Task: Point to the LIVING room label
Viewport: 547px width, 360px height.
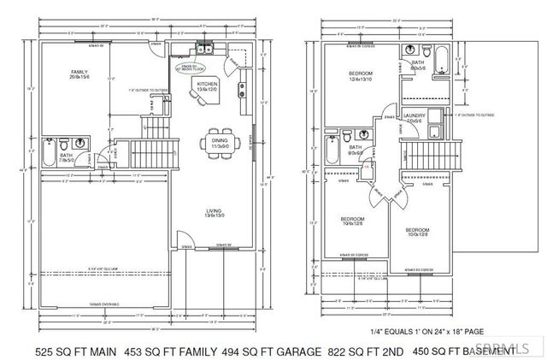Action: [x=214, y=213]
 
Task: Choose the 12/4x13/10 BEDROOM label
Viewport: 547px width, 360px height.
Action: [x=360, y=77]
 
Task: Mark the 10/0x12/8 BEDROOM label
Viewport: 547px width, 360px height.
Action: [x=416, y=232]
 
